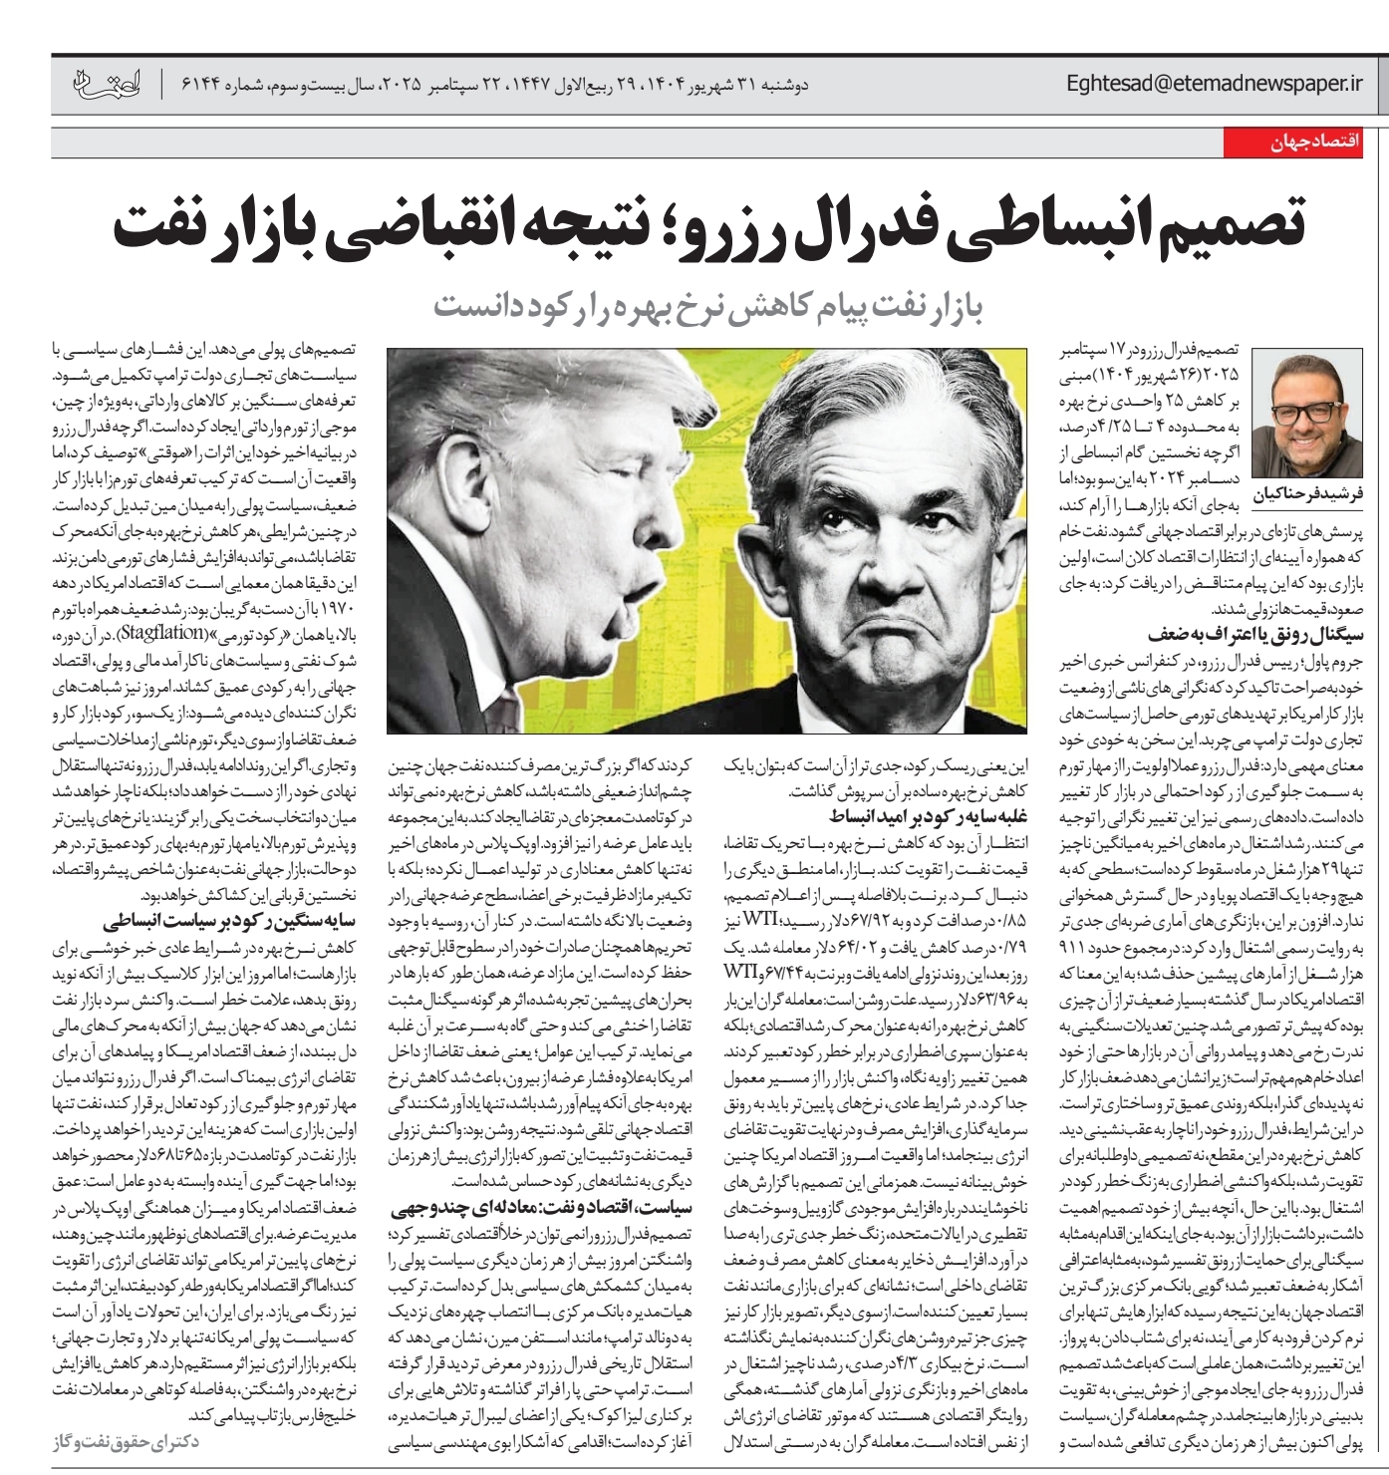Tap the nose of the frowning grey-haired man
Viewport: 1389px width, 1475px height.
[878, 588]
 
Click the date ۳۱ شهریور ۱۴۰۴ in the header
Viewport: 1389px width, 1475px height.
[746, 86]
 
